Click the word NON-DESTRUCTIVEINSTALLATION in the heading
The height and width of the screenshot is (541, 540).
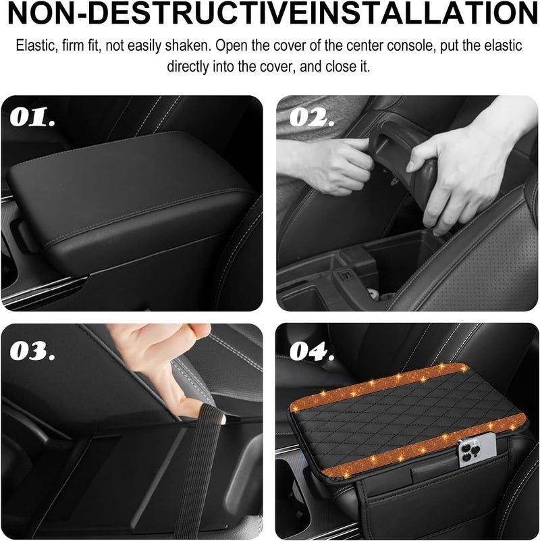[x=270, y=15]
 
